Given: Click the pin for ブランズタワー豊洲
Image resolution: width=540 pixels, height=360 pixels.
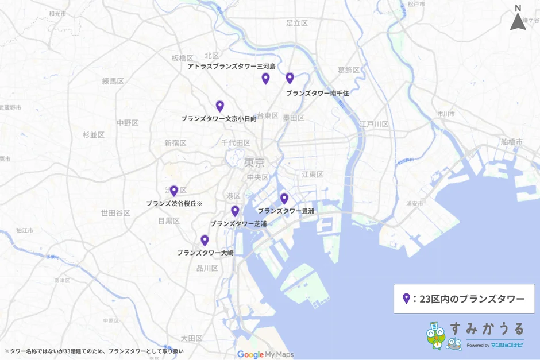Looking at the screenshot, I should pyautogui.click(x=284, y=199).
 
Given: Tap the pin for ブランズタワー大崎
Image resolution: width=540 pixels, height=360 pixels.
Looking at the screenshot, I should pyautogui.click(x=205, y=241).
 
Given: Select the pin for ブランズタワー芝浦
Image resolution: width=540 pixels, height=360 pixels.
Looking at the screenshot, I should pyautogui.click(x=235, y=211).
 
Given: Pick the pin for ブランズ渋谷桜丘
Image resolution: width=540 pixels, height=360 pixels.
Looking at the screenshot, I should pyautogui.click(x=173, y=191).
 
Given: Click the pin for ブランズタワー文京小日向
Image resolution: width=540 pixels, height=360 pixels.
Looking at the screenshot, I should pyautogui.click(x=220, y=106).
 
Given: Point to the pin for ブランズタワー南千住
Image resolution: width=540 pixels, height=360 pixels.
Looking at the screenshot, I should pyautogui.click(x=290, y=78).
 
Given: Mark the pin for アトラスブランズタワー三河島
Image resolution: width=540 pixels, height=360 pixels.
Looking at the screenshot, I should pyautogui.click(x=265, y=79).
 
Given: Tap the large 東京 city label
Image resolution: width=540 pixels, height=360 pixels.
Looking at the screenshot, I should pyautogui.click(x=254, y=162).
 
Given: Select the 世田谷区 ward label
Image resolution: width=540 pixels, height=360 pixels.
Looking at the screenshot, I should pyautogui.click(x=115, y=213).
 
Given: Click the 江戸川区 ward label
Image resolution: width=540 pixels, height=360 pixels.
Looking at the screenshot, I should pyautogui.click(x=374, y=124).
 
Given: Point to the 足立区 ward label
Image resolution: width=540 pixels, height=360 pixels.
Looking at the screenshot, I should pyautogui.click(x=297, y=23).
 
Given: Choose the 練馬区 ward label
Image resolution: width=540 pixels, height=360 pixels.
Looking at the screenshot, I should pyautogui.click(x=113, y=81).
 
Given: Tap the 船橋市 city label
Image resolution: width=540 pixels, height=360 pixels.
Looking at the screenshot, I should pyautogui.click(x=511, y=141).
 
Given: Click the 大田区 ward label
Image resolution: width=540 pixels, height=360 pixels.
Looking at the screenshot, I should pyautogui.click(x=191, y=338).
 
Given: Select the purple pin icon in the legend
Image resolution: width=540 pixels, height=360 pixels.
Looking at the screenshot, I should pyautogui.click(x=406, y=299).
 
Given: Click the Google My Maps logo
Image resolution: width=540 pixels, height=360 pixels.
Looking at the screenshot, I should pyautogui.click(x=265, y=354).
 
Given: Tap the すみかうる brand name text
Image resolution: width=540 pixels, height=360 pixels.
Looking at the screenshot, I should pyautogui.click(x=487, y=328).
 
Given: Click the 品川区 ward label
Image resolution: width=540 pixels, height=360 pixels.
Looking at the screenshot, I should pyautogui.click(x=207, y=268).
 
